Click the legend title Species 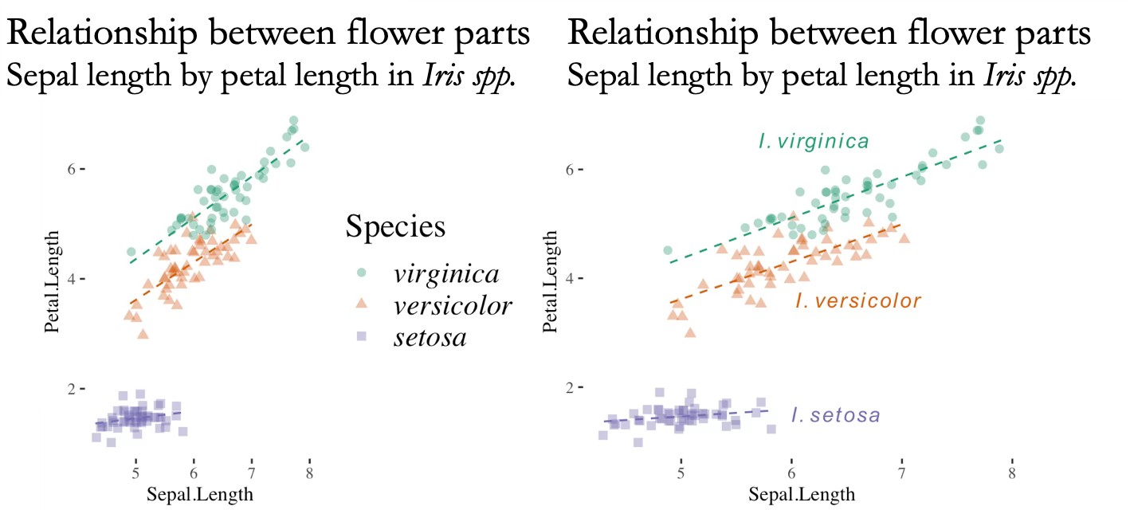[395, 227]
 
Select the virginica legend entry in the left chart [446, 274]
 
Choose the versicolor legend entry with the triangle [452, 305]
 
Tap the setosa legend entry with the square [430, 338]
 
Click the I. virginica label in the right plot [813, 142]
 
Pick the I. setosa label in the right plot [835, 415]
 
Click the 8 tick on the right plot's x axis [1012, 473]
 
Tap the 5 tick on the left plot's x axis [136, 473]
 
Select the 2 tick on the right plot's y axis [571, 387]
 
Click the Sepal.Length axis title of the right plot [802, 494]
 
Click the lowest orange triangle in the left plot [143, 334]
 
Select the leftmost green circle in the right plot [668, 250]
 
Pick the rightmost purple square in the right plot [771, 429]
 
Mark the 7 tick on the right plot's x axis [901, 473]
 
